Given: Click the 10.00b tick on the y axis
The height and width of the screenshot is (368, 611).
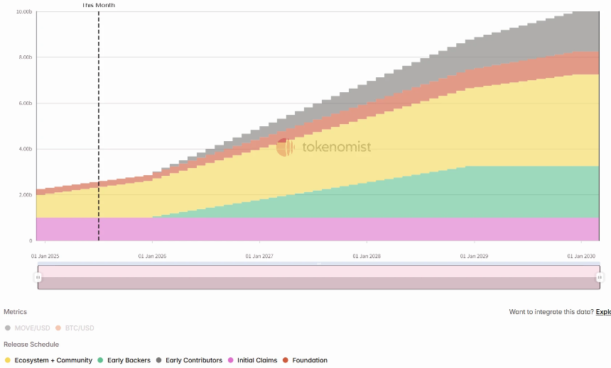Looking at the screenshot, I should point(23,11).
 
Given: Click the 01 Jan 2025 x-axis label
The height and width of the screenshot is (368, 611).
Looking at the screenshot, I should point(44,256).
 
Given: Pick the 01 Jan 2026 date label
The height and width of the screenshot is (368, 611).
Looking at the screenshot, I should point(152,256).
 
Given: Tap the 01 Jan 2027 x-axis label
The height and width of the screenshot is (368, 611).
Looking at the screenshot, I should point(259,256).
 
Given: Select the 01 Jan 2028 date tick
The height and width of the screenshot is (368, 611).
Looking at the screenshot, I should point(367,256).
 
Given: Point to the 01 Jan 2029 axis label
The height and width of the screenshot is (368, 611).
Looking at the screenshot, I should point(474,256).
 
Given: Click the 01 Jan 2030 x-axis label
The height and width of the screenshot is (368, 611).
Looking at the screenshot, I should point(581,256).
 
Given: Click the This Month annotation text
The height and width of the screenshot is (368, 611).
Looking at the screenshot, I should point(98,5).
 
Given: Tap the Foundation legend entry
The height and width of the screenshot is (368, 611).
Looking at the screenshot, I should point(305,360).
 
